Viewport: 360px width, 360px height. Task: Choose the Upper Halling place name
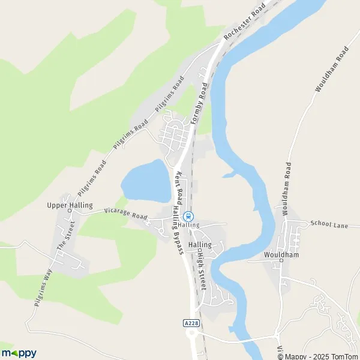(70, 205)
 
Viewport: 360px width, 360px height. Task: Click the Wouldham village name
(281, 254)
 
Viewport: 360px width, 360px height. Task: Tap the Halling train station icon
(189, 216)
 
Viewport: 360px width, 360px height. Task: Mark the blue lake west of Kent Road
(146, 181)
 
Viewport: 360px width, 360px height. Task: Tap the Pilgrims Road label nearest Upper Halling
(92, 177)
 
